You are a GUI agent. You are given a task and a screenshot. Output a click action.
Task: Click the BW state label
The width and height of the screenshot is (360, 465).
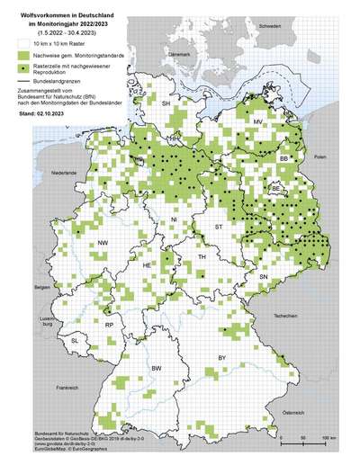click(x=155, y=370)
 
